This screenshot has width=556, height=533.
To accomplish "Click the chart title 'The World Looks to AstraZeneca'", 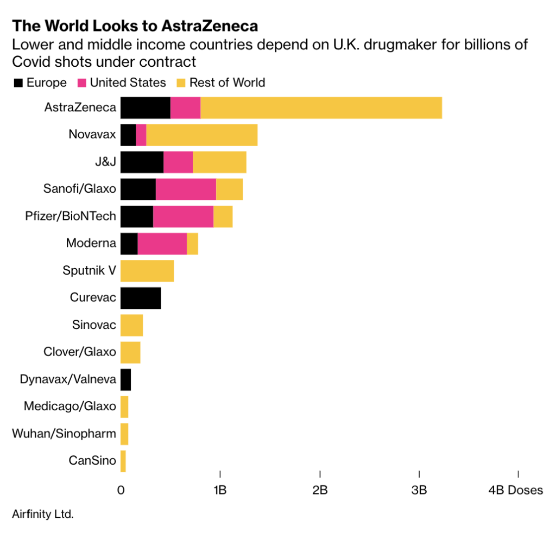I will point(135,26).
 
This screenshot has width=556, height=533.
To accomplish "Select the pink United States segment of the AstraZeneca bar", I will point(185,107).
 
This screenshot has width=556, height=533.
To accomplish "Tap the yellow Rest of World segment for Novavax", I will point(201,135).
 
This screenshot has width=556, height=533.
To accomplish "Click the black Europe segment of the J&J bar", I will point(142,162).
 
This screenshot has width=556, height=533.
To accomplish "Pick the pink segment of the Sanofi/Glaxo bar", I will point(186,189).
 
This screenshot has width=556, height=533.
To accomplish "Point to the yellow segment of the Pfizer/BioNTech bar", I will point(223,216).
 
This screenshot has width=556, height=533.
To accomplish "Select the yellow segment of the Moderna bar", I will point(192,243).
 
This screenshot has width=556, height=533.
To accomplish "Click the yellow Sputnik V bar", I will point(147,271).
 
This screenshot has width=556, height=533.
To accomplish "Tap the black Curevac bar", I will point(141,298).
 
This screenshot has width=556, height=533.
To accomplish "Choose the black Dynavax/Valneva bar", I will point(125,379).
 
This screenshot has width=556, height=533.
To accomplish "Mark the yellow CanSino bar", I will point(123,461).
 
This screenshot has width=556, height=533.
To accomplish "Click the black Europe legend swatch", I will point(18,83).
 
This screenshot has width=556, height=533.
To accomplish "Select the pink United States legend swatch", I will point(82,83).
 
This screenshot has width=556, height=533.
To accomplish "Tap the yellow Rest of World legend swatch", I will point(180,83).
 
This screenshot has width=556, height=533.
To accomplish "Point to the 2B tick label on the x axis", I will point(320,490).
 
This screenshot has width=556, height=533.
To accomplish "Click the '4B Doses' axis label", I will point(515,490).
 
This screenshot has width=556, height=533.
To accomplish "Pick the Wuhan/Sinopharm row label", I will point(64,434).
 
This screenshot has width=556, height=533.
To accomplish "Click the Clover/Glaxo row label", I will point(80,352).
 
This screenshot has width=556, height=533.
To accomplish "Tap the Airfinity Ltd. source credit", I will point(42,513).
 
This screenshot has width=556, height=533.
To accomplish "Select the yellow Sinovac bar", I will point(131,325).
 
